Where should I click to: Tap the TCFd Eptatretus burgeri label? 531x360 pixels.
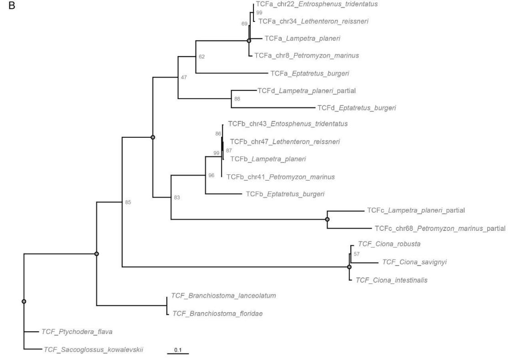pyautogui.click(x=357, y=108)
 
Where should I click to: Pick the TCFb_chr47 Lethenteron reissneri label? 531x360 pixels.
pyautogui.click(x=284, y=142)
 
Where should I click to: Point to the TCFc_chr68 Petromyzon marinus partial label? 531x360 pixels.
pyautogui.click(x=440, y=229)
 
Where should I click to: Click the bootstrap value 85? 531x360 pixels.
pyautogui.click(x=128, y=202)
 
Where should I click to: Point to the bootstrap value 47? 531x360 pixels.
pyautogui.click(x=184, y=78)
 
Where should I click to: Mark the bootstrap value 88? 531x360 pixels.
pyautogui.click(x=237, y=99)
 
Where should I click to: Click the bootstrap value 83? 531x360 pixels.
pyautogui.click(x=177, y=198)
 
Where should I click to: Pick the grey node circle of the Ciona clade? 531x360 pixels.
pyautogui.click(x=349, y=267)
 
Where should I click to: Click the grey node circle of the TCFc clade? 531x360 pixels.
pyautogui.click(x=327, y=219)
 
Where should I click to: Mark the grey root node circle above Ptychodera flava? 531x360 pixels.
pyautogui.click(x=24, y=301)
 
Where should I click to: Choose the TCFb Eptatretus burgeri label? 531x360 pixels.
pyautogui.click(x=285, y=194)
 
